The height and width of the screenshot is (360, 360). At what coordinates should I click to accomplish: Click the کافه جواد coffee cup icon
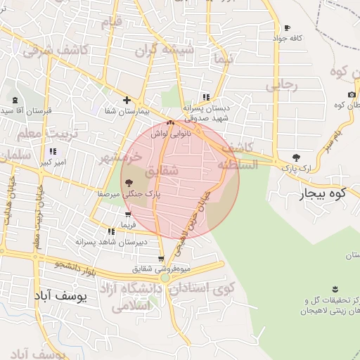coord(287,28)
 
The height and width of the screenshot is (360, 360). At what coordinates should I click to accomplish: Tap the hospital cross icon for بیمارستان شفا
coord(127,100)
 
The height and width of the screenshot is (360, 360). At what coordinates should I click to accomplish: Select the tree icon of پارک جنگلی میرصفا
coord(127,183)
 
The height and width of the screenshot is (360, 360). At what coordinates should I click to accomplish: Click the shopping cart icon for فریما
coord(127,215)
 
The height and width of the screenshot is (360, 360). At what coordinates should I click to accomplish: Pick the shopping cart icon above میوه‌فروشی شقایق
coord(161,259)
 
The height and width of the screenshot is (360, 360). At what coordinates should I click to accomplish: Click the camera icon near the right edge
coord(352,95)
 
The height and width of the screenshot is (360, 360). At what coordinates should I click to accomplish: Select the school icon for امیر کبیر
coord(52,151)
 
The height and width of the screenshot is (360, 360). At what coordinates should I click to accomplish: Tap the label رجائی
coord(282,85)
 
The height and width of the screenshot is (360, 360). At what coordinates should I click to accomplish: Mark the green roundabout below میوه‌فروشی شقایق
coord(165,278)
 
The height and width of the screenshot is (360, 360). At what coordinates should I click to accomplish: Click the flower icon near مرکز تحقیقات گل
coord(334,289)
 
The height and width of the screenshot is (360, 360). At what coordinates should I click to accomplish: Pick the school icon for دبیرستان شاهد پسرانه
coord(111,231)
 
